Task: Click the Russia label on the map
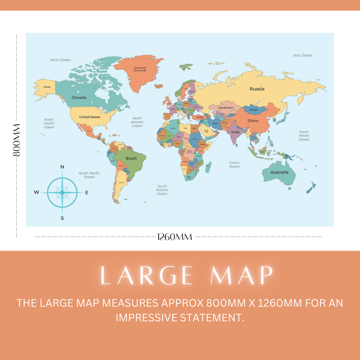point(257,89)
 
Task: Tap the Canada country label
point(79,98)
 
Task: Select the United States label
point(90,117)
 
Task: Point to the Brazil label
point(131,158)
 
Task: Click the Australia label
point(279,172)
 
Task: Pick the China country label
point(253,121)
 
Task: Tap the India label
point(235,132)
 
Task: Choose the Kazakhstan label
point(226,108)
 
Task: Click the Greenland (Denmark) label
point(140,69)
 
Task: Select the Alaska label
point(47,87)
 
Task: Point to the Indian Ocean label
point(234,165)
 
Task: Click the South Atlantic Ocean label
point(162,190)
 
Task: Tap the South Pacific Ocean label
point(89,175)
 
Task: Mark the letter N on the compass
point(62,167)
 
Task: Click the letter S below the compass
point(62,218)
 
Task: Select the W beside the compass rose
point(36,192)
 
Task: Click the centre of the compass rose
point(62,192)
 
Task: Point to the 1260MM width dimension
point(175,237)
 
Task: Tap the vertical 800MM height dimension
point(16,140)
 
